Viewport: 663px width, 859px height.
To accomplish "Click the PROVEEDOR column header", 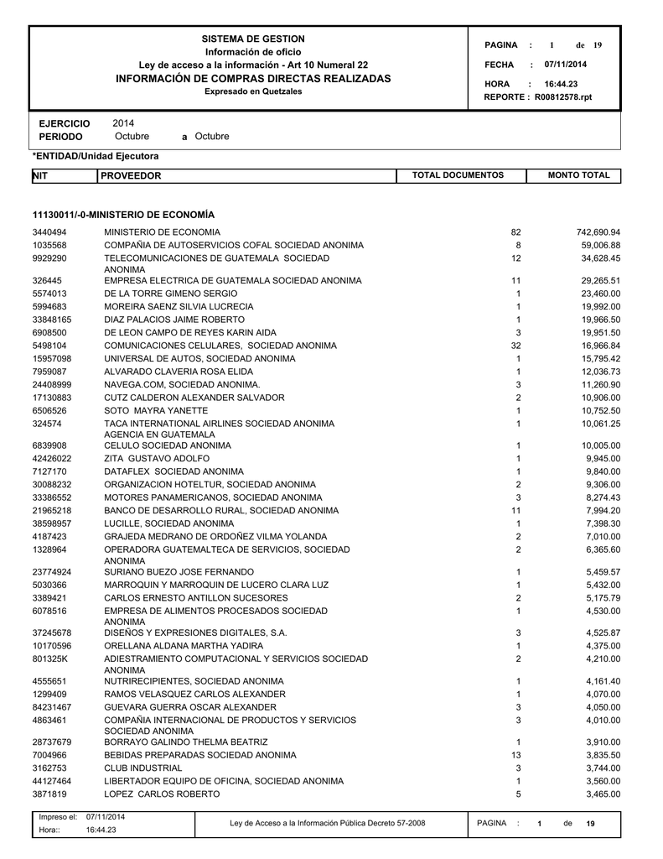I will click(x=131, y=175).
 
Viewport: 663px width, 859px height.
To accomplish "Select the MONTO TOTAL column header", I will click(x=578, y=174).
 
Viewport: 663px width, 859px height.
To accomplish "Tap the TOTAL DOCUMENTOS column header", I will click(x=458, y=174).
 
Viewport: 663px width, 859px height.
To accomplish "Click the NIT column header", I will click(x=39, y=175).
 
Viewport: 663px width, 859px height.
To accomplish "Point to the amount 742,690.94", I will click(x=593, y=232).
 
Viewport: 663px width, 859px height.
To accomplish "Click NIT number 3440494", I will click(x=49, y=232).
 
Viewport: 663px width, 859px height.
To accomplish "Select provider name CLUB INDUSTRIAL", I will click(x=142, y=768).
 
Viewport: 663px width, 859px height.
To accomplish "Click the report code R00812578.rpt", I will click(x=563, y=97).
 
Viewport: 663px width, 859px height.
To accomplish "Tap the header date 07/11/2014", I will click(x=565, y=65).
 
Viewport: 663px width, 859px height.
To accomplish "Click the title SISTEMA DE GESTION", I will click(x=253, y=39).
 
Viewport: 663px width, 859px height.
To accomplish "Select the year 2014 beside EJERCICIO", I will click(x=123, y=123).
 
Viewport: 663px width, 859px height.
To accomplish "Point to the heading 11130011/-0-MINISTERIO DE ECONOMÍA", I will click(x=123, y=215).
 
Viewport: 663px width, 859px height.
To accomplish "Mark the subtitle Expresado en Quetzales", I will click(x=253, y=91).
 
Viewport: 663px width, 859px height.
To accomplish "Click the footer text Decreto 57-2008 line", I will click(x=328, y=823).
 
